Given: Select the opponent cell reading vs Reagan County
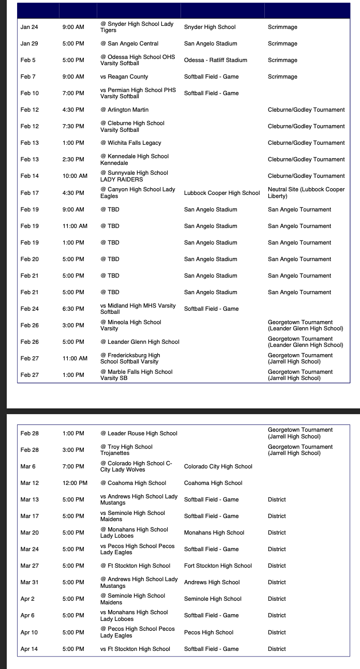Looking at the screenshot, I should coord(124,77).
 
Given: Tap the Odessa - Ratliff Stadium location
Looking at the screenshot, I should coord(216,60).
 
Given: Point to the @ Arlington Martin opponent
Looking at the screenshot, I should coord(124,110).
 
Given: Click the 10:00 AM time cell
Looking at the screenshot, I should coord(75,176).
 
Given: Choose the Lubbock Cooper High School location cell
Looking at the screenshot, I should coord(222,193).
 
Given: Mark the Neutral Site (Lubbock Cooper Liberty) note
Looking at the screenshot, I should coord(306,193).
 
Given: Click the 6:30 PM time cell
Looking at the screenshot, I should coord(73,309).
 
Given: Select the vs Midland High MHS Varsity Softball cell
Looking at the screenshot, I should coord(138,309).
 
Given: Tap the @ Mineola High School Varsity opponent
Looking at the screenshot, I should coord(131,325).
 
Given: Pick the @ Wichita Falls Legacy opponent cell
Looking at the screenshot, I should coord(131,143).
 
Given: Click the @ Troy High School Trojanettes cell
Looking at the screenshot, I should coord(127,450).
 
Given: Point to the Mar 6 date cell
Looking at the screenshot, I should coord(28,466).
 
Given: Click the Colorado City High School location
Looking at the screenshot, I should coord(218,466).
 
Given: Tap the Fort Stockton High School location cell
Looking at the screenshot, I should coord(218,566).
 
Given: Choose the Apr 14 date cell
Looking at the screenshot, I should coord(29,649).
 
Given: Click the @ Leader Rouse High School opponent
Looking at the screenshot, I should coord(139,433).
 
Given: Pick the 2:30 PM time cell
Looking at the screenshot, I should coord(73,159).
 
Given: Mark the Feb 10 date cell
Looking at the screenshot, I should coord(29,93).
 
